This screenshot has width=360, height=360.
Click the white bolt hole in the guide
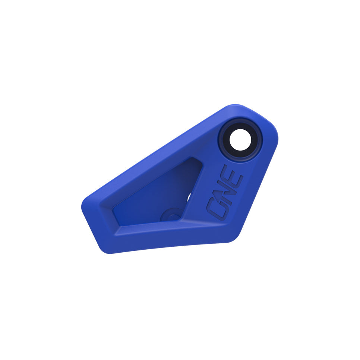pyautogui.click(x=240, y=140)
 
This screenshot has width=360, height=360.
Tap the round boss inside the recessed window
pyautogui.click(x=171, y=215)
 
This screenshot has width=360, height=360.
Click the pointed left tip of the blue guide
pyautogui.click(x=83, y=205)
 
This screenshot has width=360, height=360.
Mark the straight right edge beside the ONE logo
pyautogui.click(x=257, y=186)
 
